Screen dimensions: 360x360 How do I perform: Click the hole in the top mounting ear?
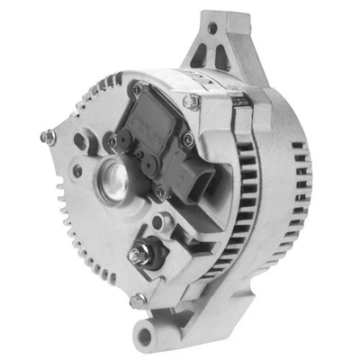tap(213, 29)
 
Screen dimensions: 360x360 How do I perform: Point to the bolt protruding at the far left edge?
tap(48, 137)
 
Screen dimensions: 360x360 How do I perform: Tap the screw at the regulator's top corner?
tap(137, 89)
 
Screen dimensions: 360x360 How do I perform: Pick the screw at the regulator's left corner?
tap(113, 140)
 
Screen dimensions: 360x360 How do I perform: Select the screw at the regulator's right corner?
tap(187, 139)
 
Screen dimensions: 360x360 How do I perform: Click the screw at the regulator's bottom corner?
tap(161, 192)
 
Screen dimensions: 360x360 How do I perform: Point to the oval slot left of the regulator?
tap(83, 141)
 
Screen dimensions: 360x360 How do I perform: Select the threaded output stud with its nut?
tap(145, 256)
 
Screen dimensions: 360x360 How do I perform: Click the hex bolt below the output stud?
tap(138, 300)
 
